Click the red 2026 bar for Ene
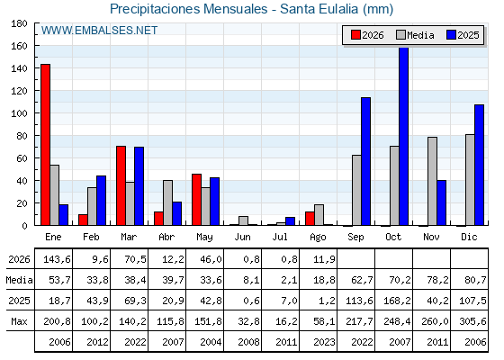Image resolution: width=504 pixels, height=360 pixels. [x=45, y=145]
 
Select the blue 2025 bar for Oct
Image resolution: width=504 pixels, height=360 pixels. [x=404, y=136]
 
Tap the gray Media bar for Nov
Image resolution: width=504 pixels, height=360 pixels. [x=432, y=181]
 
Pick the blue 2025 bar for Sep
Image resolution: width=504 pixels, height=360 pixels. [x=365, y=161]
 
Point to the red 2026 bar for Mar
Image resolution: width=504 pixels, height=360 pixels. [x=121, y=185]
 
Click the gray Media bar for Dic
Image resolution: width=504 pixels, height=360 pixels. [x=470, y=180]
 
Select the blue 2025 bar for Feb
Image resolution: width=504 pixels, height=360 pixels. [x=101, y=201]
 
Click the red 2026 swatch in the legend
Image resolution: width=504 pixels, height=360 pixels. [x=355, y=35]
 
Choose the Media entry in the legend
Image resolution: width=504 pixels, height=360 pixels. [x=415, y=35]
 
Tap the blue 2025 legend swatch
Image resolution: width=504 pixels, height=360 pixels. [x=451, y=35]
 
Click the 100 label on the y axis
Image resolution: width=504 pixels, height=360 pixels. [x=19, y=113]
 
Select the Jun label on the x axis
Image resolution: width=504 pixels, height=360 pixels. [x=242, y=237]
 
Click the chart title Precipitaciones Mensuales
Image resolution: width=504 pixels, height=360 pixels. [x=189, y=9]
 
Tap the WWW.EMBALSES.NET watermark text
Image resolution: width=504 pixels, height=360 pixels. [x=99, y=31]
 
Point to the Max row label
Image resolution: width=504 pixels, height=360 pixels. [x=19, y=321]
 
